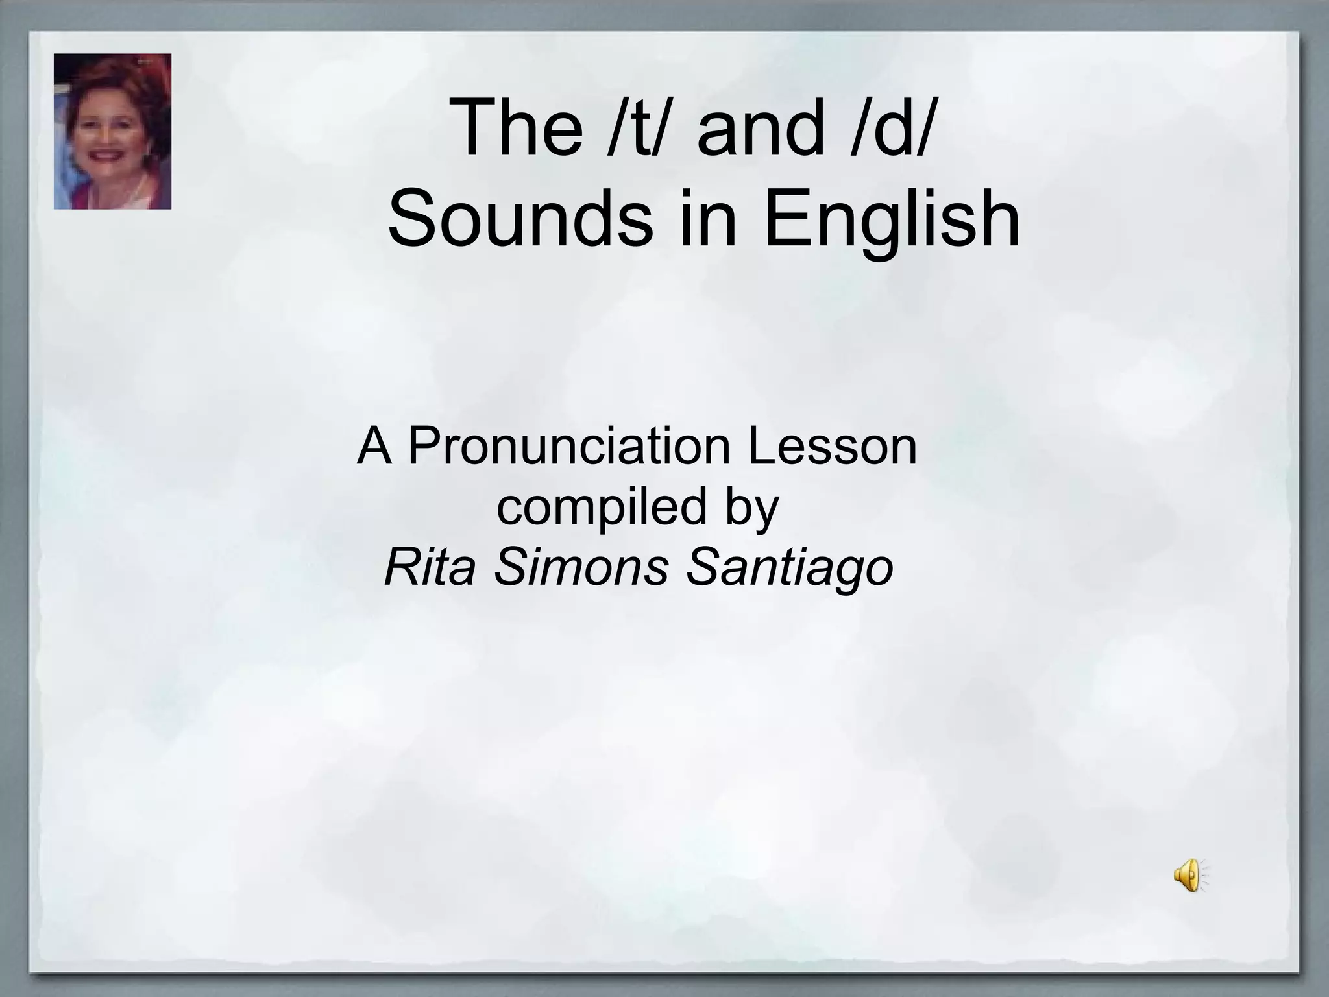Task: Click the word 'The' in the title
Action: pos(516,128)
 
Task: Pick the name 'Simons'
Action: pos(581,567)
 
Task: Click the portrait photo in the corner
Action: pos(112,131)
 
